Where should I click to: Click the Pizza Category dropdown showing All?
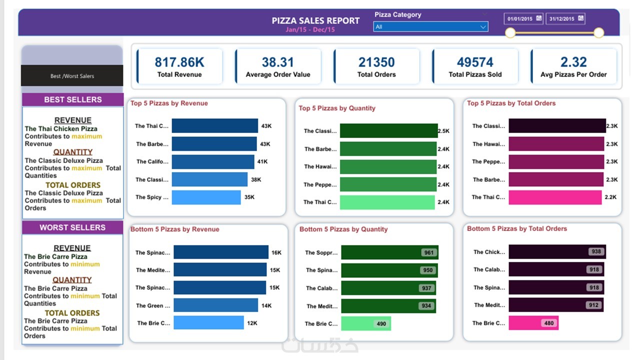[430, 27]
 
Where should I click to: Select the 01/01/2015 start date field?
[523, 19]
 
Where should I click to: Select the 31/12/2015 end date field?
[565, 19]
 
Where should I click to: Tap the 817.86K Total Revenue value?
[179, 62]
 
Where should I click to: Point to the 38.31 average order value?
[278, 62]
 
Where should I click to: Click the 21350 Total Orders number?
[376, 62]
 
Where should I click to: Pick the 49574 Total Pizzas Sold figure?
[475, 62]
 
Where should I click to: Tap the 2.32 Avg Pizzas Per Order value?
[573, 62]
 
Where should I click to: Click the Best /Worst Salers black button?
[72, 76]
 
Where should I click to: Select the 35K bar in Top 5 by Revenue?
[206, 197]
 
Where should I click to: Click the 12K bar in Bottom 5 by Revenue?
[208, 323]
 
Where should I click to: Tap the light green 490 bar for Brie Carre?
[366, 323]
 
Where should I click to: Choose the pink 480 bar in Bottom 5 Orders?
[533, 323]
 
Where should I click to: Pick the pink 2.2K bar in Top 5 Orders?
[555, 197]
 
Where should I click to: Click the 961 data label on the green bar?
[428, 252]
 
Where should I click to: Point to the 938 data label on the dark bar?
[596, 251]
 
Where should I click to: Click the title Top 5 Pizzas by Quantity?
[337, 108]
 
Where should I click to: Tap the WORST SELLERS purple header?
[72, 227]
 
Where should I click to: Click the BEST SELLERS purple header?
[72, 99]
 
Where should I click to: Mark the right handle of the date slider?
[598, 33]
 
